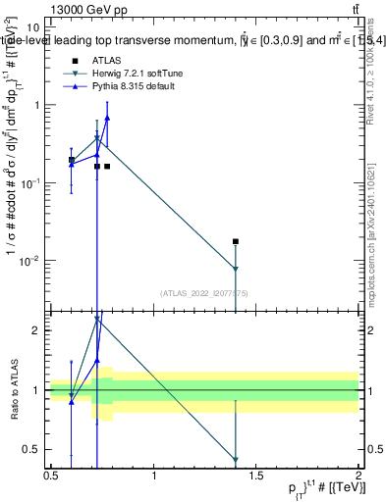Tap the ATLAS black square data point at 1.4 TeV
tap(236, 241)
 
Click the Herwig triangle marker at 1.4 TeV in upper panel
tap(236, 269)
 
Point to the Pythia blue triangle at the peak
tap(107, 118)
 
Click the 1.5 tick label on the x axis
tap(256, 477)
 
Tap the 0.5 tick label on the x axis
tap(51, 477)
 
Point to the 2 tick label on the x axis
tap(358, 477)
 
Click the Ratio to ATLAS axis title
tap(14, 389)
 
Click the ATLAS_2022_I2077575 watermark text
tap(205, 292)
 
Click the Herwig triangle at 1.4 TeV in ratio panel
tap(236, 459)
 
